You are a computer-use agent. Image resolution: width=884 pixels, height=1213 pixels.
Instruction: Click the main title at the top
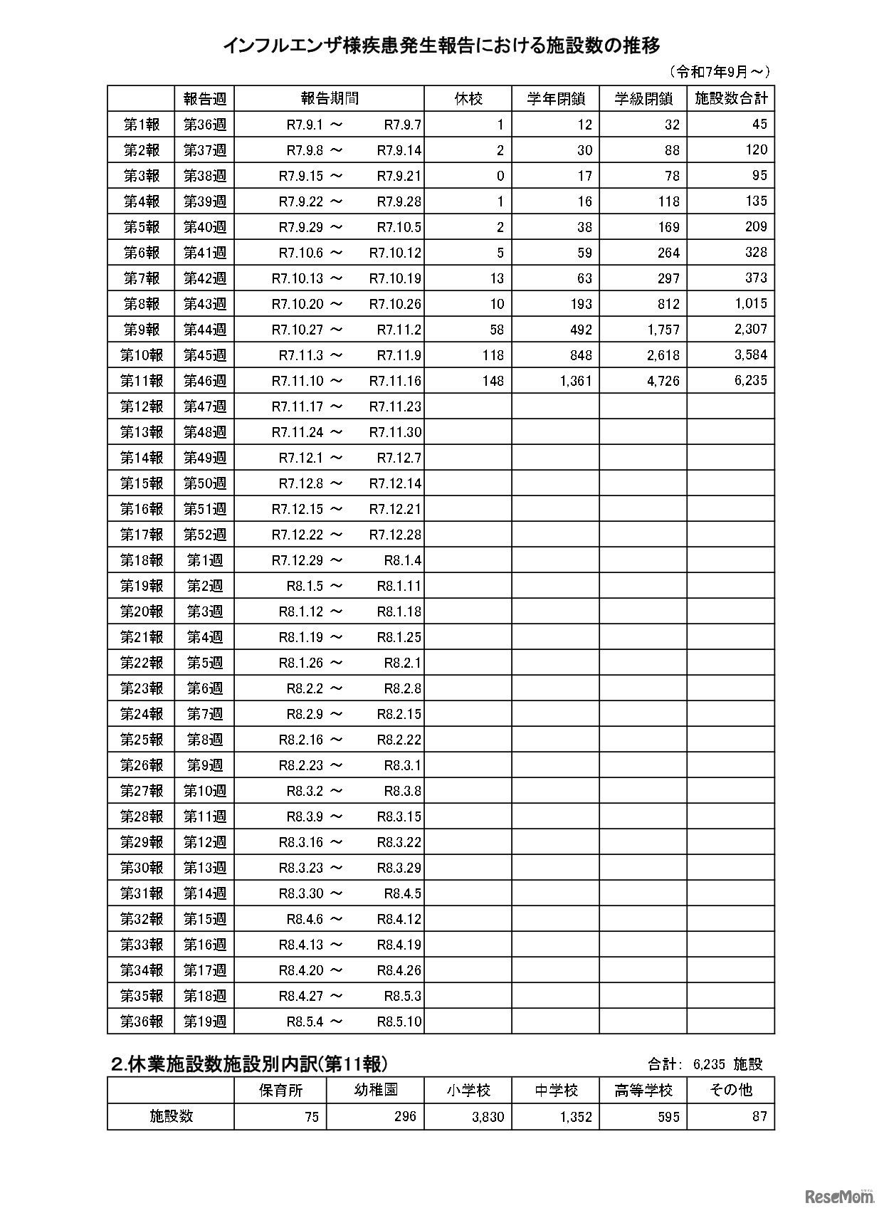(x=441, y=46)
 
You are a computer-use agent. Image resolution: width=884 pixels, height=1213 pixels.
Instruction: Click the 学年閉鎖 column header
(x=555, y=99)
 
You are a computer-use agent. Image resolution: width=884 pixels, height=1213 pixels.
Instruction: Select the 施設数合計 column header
(x=730, y=98)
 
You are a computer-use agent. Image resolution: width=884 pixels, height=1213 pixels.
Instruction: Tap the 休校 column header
(x=468, y=99)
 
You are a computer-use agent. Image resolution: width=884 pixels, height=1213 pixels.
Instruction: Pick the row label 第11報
(x=142, y=381)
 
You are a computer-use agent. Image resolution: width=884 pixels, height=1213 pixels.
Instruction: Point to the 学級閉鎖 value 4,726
(x=663, y=381)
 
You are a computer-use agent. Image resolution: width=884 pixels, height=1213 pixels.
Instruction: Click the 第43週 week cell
(x=204, y=304)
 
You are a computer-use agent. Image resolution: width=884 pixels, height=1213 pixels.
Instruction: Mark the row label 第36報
(x=142, y=1022)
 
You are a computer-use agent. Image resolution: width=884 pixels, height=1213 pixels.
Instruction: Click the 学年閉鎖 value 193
(x=580, y=304)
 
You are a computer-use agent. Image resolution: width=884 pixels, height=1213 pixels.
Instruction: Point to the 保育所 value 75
(x=311, y=1117)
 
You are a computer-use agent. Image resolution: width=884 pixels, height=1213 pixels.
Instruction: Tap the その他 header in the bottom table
(x=730, y=1090)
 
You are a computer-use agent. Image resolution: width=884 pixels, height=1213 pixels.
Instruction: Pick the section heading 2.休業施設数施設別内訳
(x=250, y=1064)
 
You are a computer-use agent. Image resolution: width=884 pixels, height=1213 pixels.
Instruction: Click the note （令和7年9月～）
(x=719, y=71)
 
